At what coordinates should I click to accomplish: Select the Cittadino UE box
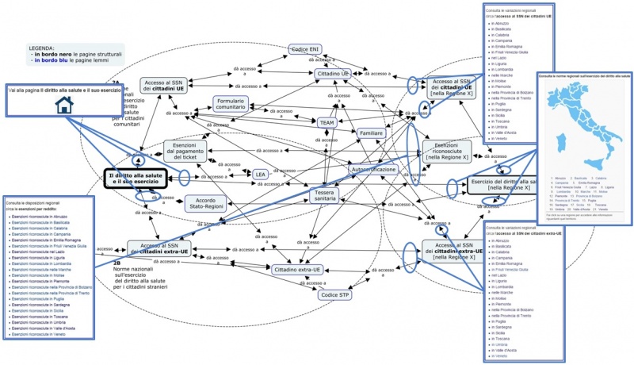click(x=333, y=73)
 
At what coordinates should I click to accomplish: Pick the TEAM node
click(x=327, y=123)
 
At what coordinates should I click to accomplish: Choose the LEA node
click(x=260, y=174)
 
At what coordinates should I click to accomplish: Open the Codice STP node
click(x=334, y=295)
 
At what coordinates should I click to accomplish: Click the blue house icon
click(x=63, y=108)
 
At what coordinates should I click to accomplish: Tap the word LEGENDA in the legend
click(x=41, y=48)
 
